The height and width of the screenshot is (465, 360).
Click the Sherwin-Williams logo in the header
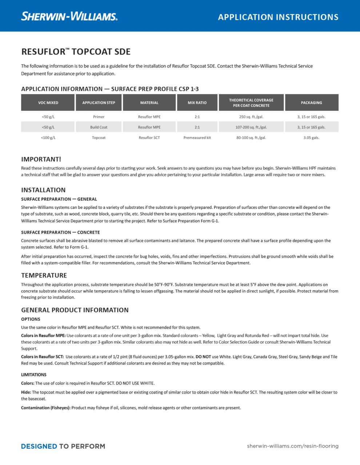[69, 16]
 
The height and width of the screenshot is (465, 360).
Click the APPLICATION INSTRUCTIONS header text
[278, 17]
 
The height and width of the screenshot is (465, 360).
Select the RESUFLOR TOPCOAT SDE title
[76, 52]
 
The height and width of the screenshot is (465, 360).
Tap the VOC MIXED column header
[48, 103]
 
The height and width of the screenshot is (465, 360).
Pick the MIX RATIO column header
[197, 103]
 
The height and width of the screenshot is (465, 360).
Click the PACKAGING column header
[311, 103]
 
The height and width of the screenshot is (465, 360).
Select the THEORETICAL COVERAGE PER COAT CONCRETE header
[251, 103]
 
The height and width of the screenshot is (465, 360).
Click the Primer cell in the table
[99, 117]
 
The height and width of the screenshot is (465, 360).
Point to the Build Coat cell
[99, 128]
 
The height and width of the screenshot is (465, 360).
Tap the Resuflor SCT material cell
[149, 138]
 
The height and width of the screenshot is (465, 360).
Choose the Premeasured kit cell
[197, 138]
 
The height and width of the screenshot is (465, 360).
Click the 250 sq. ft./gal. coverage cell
[251, 117]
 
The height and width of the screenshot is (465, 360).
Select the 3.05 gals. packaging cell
[311, 138]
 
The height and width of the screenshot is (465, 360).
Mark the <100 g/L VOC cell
[48, 138]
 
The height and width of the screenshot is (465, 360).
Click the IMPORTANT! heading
[41, 159]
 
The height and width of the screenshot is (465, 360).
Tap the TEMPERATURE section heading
[44, 275]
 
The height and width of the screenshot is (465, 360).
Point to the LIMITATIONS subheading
[34, 375]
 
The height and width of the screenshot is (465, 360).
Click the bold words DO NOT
[203, 357]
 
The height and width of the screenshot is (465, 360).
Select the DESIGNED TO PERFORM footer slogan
[63, 446]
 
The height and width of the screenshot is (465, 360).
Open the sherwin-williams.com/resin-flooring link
[292, 446]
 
